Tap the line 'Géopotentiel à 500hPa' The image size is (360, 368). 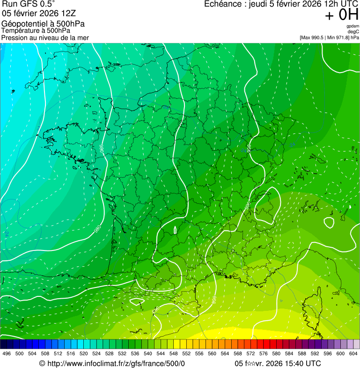(x=45, y=24)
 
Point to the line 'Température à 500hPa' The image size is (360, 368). (x=36, y=30)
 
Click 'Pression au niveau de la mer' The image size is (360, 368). (x=45, y=37)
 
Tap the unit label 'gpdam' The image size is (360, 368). (x=353, y=26)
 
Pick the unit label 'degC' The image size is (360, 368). (x=353, y=31)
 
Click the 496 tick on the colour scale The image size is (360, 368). (x=7, y=353)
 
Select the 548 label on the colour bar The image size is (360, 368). (x=174, y=353)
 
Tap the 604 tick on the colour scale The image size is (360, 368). (x=353, y=353)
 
